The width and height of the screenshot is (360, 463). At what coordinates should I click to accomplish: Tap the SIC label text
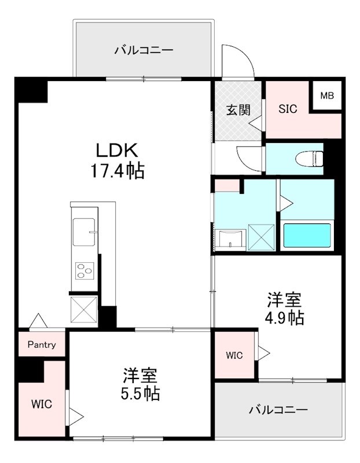pyautogui.click(x=288, y=109)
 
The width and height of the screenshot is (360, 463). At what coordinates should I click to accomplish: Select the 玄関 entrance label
pyautogui.click(x=238, y=109)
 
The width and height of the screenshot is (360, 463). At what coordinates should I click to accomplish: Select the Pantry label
pyautogui.click(x=42, y=345)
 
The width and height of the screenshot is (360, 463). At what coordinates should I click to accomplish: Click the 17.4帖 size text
pyautogui.click(x=116, y=171)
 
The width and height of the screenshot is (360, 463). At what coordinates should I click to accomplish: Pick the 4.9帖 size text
pyautogui.click(x=284, y=318)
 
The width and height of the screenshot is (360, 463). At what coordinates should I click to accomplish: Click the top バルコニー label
pyautogui.click(x=143, y=50)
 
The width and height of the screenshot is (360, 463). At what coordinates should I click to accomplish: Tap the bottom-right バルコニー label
pyautogui.click(x=278, y=410)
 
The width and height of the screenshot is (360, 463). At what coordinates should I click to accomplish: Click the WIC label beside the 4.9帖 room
pyautogui.click(x=234, y=355)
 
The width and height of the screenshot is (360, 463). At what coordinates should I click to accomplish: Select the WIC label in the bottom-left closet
pyautogui.click(x=41, y=404)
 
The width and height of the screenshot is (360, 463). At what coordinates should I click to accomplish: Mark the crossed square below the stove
pyautogui.click(x=83, y=308)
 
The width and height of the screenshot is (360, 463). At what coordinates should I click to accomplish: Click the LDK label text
pyautogui.click(x=116, y=150)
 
